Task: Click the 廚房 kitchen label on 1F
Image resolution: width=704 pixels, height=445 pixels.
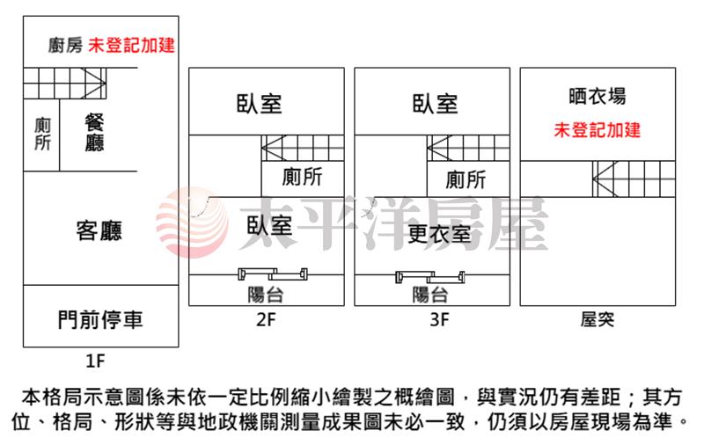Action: coord(65,46)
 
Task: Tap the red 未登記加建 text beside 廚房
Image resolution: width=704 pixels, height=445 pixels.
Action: coord(131,46)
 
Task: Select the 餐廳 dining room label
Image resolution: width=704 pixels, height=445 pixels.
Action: coord(94,133)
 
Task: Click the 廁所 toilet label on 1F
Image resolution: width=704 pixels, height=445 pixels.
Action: coord(42,134)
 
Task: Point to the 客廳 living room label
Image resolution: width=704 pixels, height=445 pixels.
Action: coord(99,231)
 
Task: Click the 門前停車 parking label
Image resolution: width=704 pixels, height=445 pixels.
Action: coord(100,319)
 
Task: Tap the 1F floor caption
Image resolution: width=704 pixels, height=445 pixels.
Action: coord(95,361)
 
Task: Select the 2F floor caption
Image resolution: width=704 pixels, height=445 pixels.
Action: coord(266,319)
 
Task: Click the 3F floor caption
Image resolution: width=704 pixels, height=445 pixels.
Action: coord(439,319)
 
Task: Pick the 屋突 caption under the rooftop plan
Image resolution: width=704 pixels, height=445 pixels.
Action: coord(598,319)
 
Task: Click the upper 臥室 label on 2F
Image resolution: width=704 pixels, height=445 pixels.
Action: coord(259,104)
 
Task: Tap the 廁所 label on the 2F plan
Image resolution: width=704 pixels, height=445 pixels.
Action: coord(302,177)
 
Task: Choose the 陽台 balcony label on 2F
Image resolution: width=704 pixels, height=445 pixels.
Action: coord(266,295)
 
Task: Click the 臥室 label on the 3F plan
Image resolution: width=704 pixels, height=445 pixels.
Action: coord(435,104)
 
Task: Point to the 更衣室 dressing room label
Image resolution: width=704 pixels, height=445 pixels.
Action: coord(439,234)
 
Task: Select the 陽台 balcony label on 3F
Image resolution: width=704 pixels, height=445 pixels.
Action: coord(430,295)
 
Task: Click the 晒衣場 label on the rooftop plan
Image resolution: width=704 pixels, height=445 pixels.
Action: coord(598,96)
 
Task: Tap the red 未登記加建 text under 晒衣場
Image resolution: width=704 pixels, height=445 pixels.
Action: coord(598,130)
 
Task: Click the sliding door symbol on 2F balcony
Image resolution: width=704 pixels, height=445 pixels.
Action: coord(273,274)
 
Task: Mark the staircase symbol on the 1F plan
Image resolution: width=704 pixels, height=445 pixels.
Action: coord(65,84)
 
